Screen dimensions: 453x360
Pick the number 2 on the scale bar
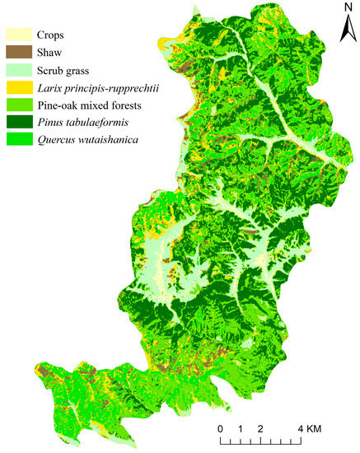260,429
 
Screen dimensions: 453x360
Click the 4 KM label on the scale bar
309,429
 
